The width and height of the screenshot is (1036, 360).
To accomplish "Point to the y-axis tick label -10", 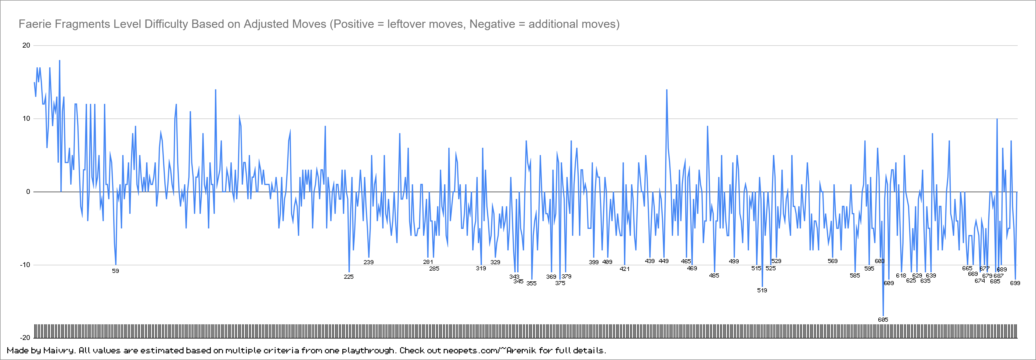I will (25, 265).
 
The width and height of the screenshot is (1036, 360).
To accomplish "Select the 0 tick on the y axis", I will (28, 191).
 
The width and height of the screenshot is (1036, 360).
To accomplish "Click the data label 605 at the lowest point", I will (883, 320).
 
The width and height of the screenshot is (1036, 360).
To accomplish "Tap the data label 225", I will (349, 277).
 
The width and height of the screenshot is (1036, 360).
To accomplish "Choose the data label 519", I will (762, 290).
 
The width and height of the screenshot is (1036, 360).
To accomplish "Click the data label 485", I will (714, 276).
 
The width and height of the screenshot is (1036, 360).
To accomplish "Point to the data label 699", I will (1015, 283).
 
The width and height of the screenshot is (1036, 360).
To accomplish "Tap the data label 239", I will (368, 262).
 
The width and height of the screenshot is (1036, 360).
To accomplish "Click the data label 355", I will (531, 283).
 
